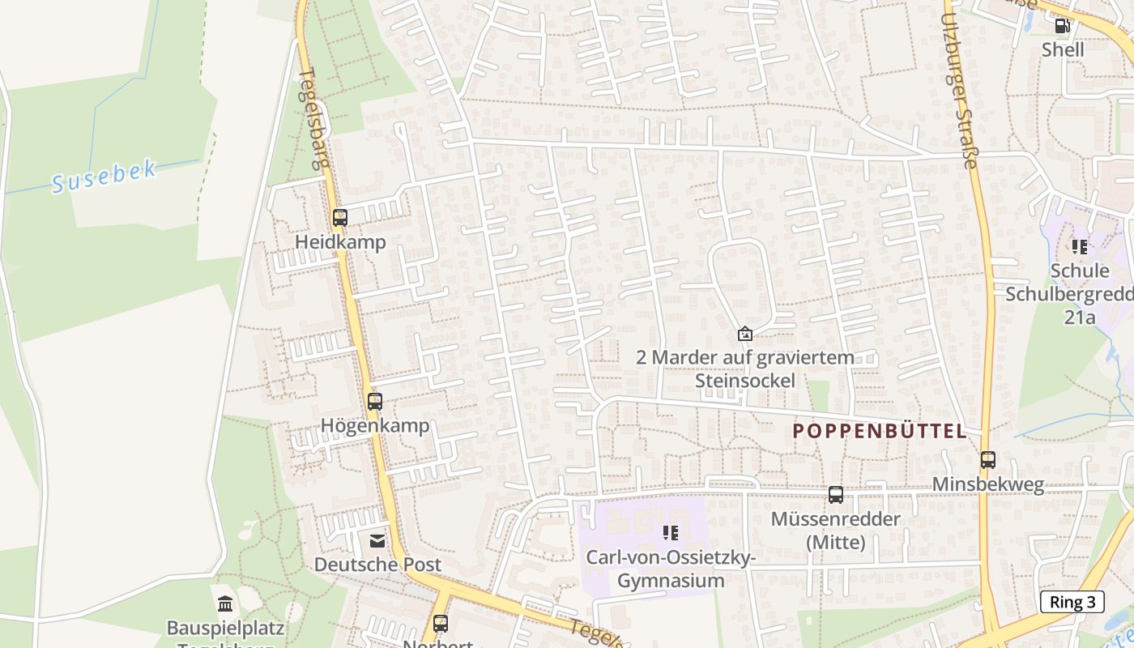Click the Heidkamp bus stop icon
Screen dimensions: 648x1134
pos(340,218)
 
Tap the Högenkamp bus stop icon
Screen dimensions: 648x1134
pos(374,402)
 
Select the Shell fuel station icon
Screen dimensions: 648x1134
pos(1062,26)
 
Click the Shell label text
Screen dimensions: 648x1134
pos(1063,49)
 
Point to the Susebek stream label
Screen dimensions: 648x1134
pos(104,177)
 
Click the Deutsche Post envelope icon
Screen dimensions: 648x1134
pos(377,540)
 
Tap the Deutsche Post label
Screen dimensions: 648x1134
pos(377,565)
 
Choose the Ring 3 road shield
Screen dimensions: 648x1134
pos(1072,602)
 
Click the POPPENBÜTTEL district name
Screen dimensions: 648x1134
pos(880,431)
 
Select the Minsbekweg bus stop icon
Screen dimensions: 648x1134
pos(988,460)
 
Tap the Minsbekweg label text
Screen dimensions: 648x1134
pos(988,484)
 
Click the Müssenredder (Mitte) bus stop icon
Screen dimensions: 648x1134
pos(836,495)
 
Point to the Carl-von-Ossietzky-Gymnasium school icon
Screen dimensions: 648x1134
pos(671,533)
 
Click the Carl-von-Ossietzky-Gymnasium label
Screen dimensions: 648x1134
pos(671,569)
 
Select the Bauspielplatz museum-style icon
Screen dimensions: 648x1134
pos(225,603)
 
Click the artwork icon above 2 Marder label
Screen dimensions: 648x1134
pos(744,334)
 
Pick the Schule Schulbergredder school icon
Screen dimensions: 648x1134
pos(1079,246)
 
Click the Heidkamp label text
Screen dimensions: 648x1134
pos(340,242)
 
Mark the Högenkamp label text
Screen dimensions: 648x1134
pos(375,425)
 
